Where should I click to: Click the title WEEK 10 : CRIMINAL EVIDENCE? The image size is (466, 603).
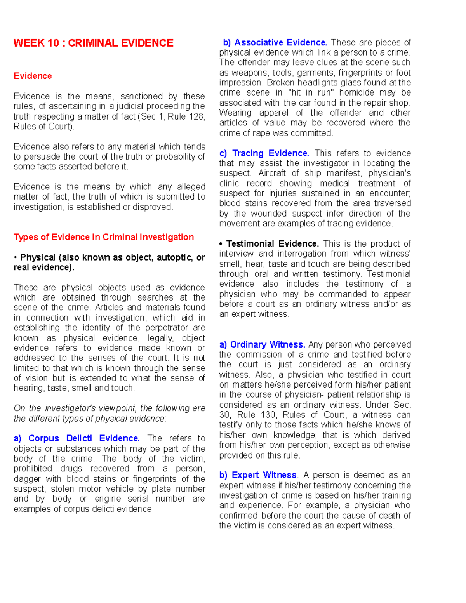coord(93,43)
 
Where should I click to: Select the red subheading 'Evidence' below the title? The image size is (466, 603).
coord(33,76)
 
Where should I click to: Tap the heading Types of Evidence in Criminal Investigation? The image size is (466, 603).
coord(104,237)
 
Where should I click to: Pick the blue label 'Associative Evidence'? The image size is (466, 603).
coord(280,43)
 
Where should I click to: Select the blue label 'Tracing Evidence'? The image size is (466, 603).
coord(270,153)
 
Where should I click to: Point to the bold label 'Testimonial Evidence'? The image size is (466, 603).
coord(272,244)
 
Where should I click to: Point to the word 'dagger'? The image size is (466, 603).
coord(27,479)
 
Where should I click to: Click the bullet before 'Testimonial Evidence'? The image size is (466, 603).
coord(221,244)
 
